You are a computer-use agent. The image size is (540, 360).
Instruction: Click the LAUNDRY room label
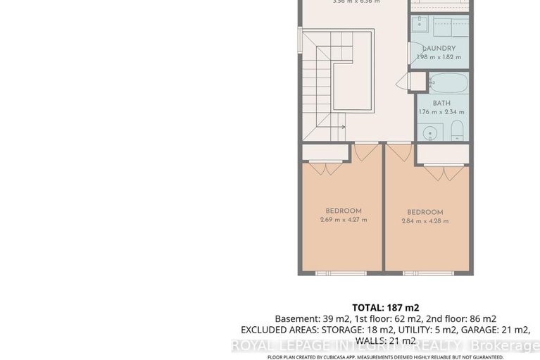point(439,49)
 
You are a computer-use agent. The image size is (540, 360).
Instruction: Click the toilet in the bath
point(456,129)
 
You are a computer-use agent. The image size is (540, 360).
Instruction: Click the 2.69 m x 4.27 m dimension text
point(343,220)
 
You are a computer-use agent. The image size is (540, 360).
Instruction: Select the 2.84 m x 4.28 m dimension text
point(425,221)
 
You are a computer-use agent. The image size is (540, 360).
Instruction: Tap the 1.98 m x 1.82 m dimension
point(439,57)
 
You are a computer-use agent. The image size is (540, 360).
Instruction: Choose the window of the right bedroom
point(425,273)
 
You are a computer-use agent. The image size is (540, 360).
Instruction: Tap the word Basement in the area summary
point(295,318)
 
